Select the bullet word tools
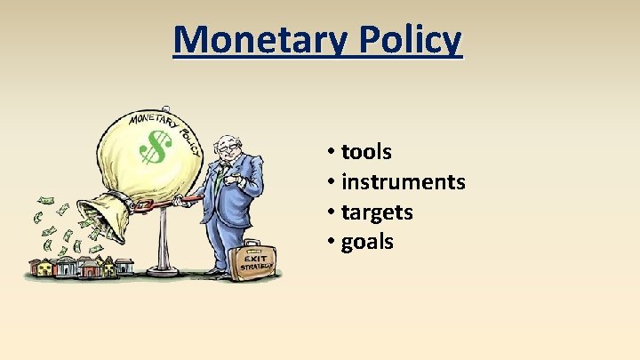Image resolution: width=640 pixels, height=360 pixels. pyautogui.click(x=366, y=152)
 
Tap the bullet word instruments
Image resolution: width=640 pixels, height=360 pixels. pyautogui.click(x=403, y=182)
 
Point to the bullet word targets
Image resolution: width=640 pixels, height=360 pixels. pyautogui.click(x=377, y=212)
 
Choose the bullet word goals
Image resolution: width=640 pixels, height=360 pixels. pyautogui.click(x=367, y=242)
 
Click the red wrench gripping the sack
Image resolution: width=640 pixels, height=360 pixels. pyautogui.click(x=160, y=205)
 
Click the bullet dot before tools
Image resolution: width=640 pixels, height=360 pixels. pyautogui.click(x=330, y=153)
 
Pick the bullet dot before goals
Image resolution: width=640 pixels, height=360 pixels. pyautogui.click(x=330, y=243)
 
